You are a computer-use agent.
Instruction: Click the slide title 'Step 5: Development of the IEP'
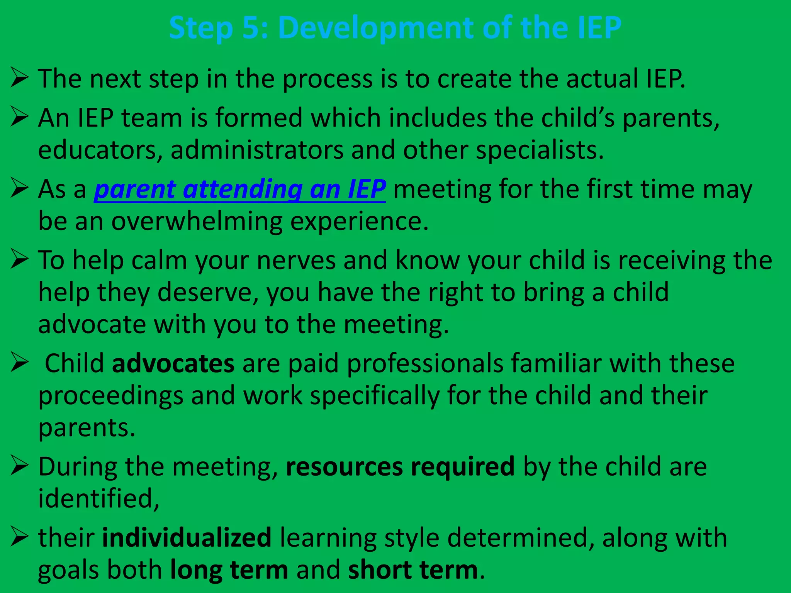(395, 28)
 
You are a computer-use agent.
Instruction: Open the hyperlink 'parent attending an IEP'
(240, 189)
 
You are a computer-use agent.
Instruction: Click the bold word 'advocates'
(173, 363)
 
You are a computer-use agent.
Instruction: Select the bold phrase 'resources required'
(400, 466)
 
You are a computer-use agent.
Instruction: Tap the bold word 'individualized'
(187, 537)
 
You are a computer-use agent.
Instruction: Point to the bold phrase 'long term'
(229, 570)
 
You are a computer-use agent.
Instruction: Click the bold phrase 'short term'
(413, 570)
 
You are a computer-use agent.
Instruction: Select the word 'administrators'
(257, 150)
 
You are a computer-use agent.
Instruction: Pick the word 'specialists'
(539, 150)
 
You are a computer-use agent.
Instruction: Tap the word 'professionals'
(425, 363)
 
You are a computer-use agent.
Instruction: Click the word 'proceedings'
(110, 396)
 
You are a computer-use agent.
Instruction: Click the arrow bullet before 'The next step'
(20, 77)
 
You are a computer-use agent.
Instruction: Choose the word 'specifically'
(375, 396)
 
